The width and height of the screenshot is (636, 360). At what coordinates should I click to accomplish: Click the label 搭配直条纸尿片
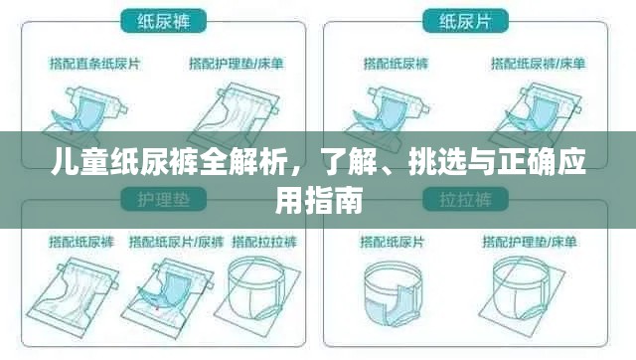(x=96, y=64)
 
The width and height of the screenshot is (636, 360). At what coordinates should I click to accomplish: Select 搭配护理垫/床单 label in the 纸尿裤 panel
(x=235, y=64)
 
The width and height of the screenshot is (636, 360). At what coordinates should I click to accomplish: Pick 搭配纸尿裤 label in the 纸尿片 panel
(x=395, y=64)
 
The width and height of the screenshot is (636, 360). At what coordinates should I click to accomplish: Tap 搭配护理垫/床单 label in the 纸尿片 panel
(x=536, y=64)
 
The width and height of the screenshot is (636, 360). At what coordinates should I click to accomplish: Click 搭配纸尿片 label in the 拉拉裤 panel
(x=395, y=242)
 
